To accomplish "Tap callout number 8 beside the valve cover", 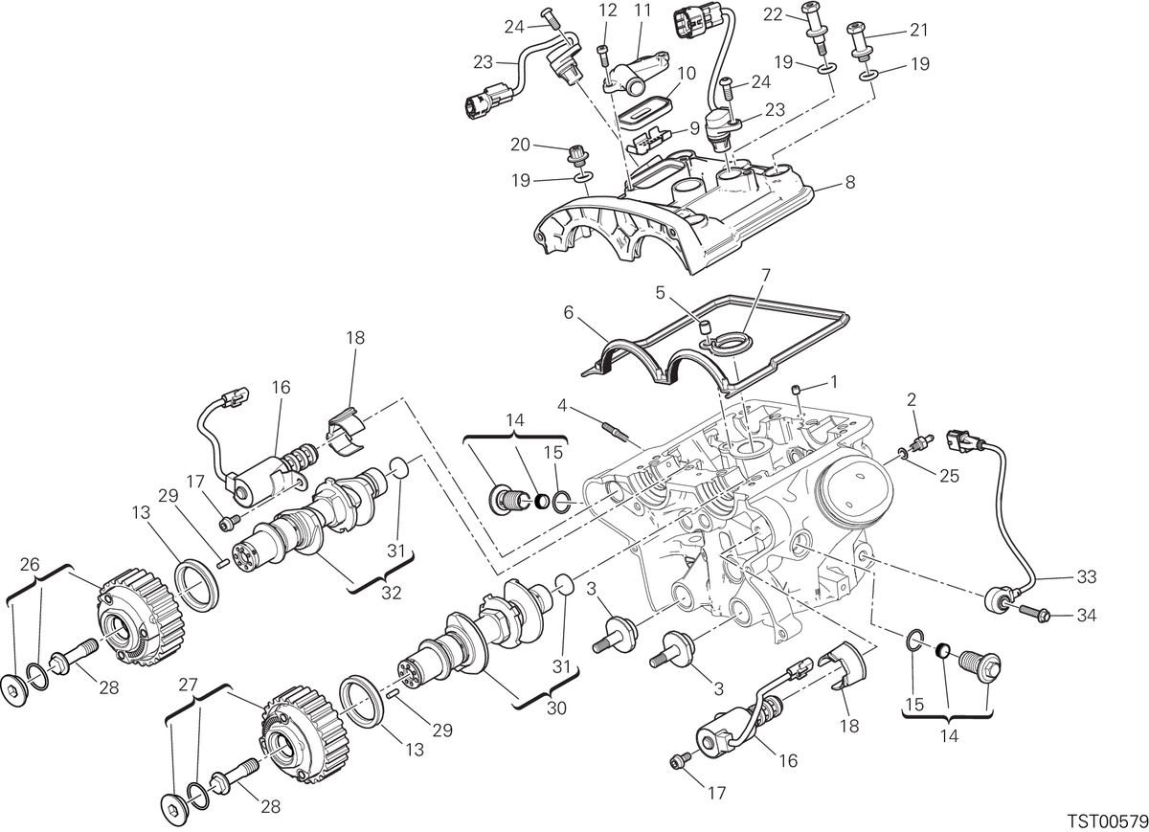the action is pyautogui.click(x=850, y=182).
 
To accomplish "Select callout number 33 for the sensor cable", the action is pyautogui.click(x=1086, y=576).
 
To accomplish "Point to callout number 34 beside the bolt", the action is pyautogui.click(x=1086, y=615).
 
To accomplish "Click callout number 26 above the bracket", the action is pyautogui.click(x=30, y=565).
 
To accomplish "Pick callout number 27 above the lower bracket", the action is pyautogui.click(x=189, y=685).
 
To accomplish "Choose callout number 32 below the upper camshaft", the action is pyautogui.click(x=391, y=593).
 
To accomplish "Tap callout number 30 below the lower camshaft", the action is pyautogui.click(x=556, y=708).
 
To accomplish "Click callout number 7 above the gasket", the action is pyautogui.click(x=766, y=276).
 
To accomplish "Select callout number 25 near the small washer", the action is pyautogui.click(x=949, y=476).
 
